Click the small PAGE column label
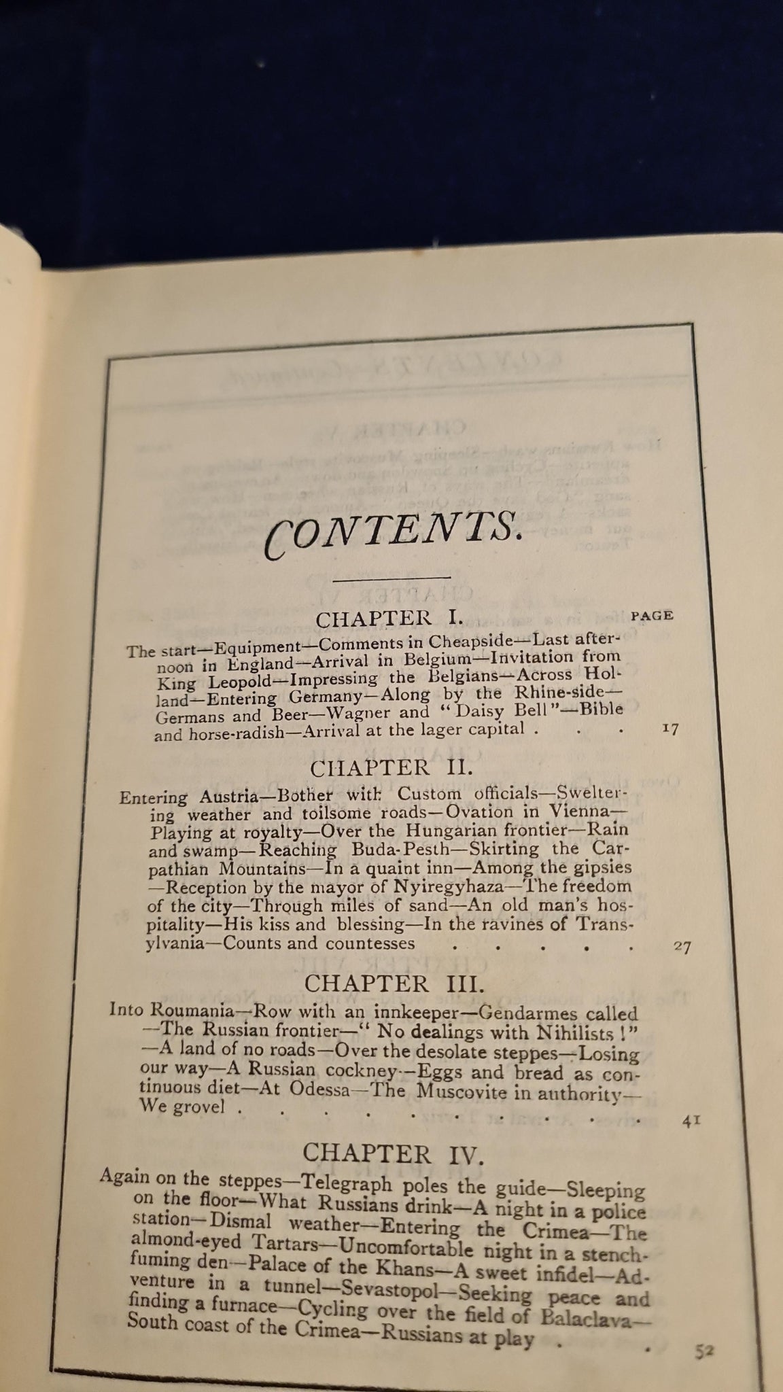pyautogui.click(x=652, y=616)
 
